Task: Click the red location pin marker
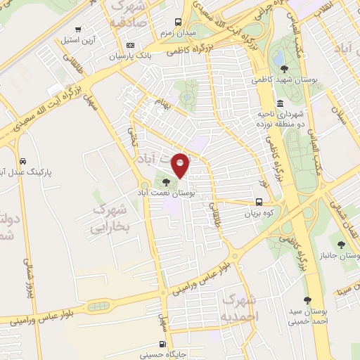[181, 165]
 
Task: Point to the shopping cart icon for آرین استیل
[77, 30]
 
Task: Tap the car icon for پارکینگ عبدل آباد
[24, 160]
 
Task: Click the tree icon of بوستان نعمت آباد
[166, 182]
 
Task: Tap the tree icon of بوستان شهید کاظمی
[284, 69]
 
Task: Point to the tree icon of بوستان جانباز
[340, 245]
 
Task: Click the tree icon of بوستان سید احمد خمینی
[307, 300]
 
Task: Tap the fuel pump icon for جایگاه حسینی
[163, 345]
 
